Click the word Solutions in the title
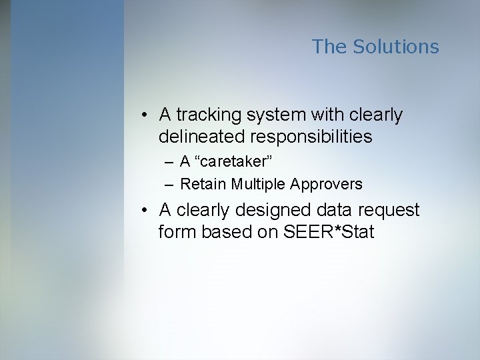[x=395, y=47]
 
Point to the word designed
[x=274, y=211]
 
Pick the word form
[x=175, y=232]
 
